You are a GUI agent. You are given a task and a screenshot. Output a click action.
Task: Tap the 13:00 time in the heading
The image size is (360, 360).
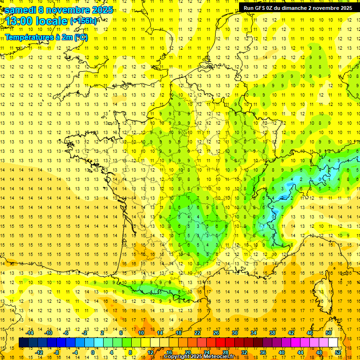click(21, 21)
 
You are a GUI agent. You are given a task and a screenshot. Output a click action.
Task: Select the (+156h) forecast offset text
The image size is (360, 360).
click(83, 21)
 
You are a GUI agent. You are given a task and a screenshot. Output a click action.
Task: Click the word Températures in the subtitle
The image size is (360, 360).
click(29, 37)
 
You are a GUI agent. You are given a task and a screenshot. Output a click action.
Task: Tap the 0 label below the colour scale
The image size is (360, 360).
click(93, 352)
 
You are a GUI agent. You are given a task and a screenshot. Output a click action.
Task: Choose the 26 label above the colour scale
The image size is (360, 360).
click(216, 333)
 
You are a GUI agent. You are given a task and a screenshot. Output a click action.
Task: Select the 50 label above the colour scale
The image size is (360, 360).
click(329, 333)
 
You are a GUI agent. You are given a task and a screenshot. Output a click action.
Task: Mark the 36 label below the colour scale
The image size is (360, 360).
click(263, 352)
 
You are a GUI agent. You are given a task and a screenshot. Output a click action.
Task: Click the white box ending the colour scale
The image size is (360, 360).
click(333, 342)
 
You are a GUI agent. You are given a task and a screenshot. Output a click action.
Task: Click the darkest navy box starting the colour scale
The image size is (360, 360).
click(23, 342)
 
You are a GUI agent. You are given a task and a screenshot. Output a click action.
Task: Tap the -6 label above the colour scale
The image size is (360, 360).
click(67, 333)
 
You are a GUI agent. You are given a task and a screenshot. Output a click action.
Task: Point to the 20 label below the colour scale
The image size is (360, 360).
click(187, 352)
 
